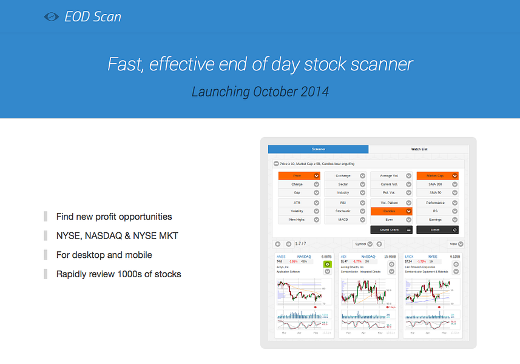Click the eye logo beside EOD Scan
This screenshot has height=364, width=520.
[52, 17]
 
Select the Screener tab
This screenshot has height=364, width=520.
[319, 149]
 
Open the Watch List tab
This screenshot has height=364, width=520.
[419, 149]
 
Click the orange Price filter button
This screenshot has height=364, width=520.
[299, 176]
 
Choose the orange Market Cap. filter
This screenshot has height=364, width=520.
[437, 176]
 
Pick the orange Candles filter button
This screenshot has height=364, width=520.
[391, 211]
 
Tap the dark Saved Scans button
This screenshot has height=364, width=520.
[391, 230]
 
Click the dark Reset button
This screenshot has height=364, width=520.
[437, 230]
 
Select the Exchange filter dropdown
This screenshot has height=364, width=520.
[345, 176]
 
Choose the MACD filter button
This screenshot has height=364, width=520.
[345, 220]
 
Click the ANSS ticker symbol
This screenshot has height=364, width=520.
[280, 257]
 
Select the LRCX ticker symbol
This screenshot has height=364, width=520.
[409, 257]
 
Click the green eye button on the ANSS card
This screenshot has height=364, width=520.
[328, 265]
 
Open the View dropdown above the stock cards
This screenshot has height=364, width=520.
[455, 244]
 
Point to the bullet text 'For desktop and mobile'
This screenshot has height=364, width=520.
[104, 255]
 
